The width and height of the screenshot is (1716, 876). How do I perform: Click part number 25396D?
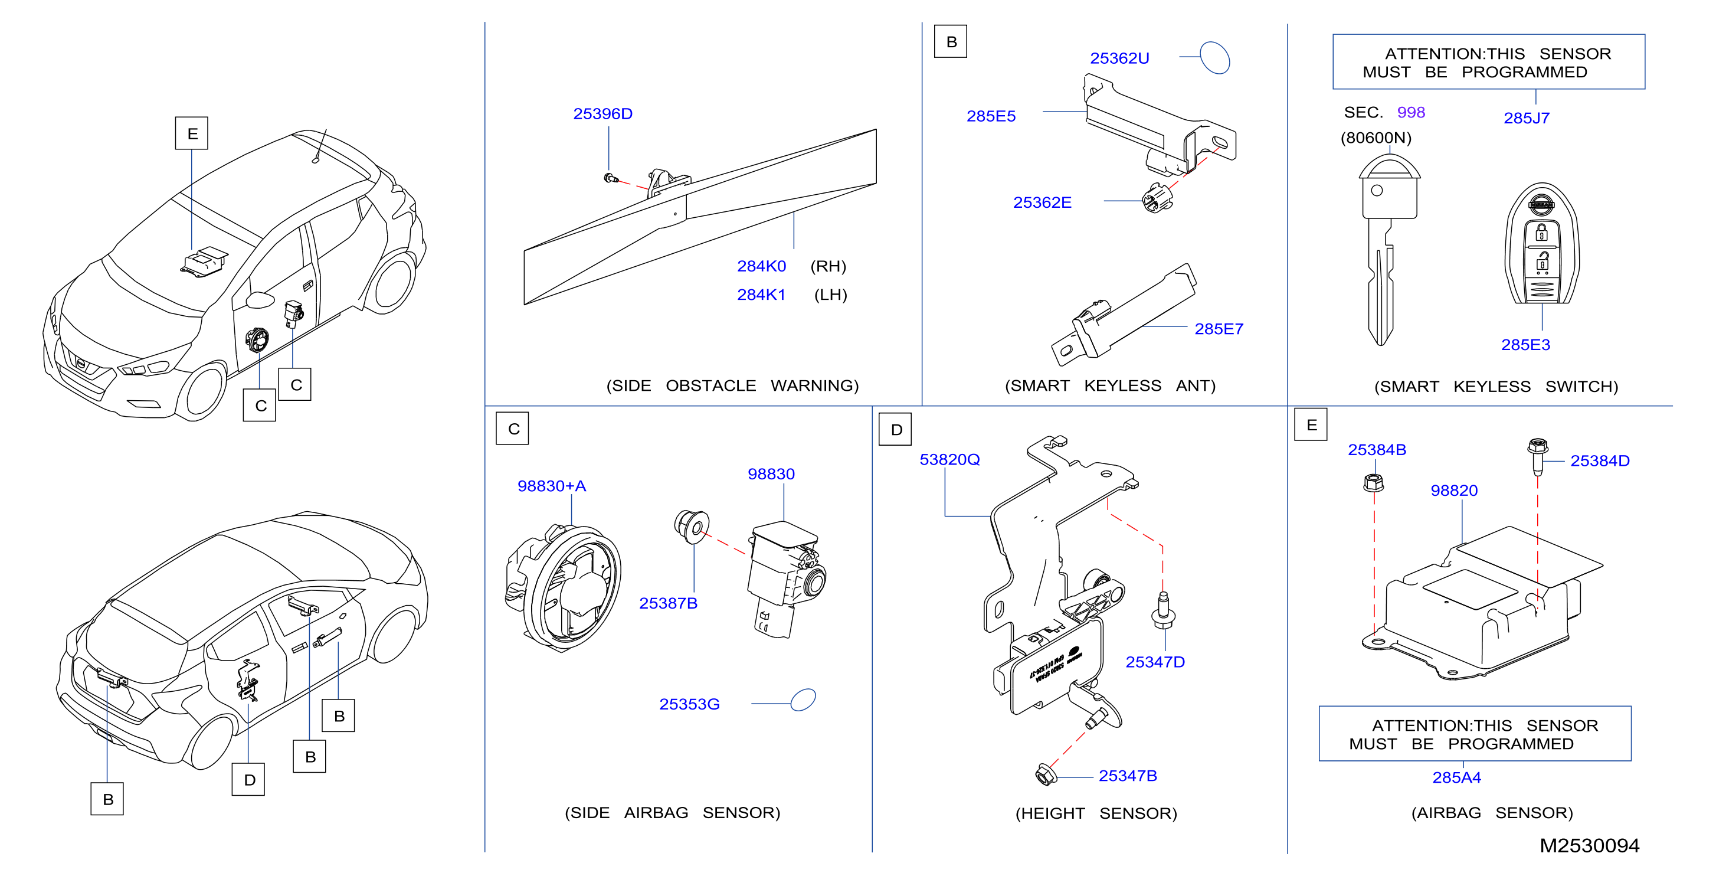602,114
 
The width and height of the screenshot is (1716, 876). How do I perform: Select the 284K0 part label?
761,266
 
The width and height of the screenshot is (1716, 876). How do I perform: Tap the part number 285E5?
991,116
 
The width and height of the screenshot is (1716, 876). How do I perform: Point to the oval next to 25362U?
1214,57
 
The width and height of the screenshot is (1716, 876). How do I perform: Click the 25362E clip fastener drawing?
1157,198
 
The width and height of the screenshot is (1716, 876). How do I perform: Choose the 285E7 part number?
1219,329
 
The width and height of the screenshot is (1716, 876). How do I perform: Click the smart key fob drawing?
1541,244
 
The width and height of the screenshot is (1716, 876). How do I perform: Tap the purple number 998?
1410,113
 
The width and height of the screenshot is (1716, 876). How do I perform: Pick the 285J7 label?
1526,119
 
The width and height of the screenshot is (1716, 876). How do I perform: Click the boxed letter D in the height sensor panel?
895,430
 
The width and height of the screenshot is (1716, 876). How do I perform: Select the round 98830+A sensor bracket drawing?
564,587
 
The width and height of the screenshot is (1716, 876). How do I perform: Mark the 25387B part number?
668,603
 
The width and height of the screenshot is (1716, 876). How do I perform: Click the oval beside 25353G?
803,700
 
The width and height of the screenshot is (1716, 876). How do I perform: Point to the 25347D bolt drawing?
1163,610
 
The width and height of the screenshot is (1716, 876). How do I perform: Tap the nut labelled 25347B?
1046,774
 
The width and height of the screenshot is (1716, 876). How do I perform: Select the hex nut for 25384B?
1373,482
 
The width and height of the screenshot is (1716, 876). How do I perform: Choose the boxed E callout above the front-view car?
192,133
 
